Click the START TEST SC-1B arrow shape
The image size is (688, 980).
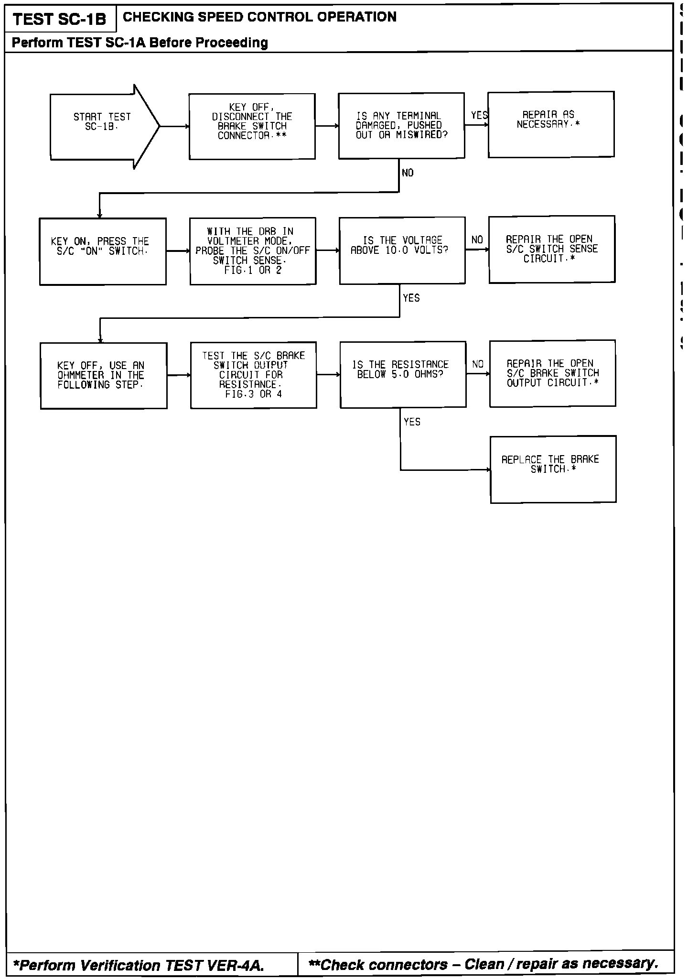103,126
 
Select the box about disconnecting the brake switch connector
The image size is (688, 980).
252,126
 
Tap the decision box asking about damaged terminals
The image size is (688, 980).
401,126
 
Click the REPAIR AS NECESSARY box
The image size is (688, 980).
551,124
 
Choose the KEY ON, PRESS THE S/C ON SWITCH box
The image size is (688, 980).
103,251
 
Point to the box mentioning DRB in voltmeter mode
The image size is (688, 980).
253,251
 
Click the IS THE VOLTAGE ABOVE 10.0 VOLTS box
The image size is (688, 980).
402,250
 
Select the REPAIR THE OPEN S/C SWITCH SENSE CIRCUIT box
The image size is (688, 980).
552,249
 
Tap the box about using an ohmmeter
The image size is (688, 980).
104,376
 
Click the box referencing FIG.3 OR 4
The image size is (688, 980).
253,375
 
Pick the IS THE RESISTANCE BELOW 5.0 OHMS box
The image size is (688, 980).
403,374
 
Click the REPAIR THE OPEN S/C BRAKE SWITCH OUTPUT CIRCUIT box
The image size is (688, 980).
552,373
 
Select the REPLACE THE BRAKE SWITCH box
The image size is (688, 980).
553,469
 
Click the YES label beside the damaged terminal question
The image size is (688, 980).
479,115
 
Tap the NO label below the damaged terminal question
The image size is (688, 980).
408,173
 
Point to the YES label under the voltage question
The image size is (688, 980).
411,298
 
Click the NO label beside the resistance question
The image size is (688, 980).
478,365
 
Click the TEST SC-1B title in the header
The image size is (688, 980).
60,20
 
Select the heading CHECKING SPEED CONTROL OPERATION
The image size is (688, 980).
259,17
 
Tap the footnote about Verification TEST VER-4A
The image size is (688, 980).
139,966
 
